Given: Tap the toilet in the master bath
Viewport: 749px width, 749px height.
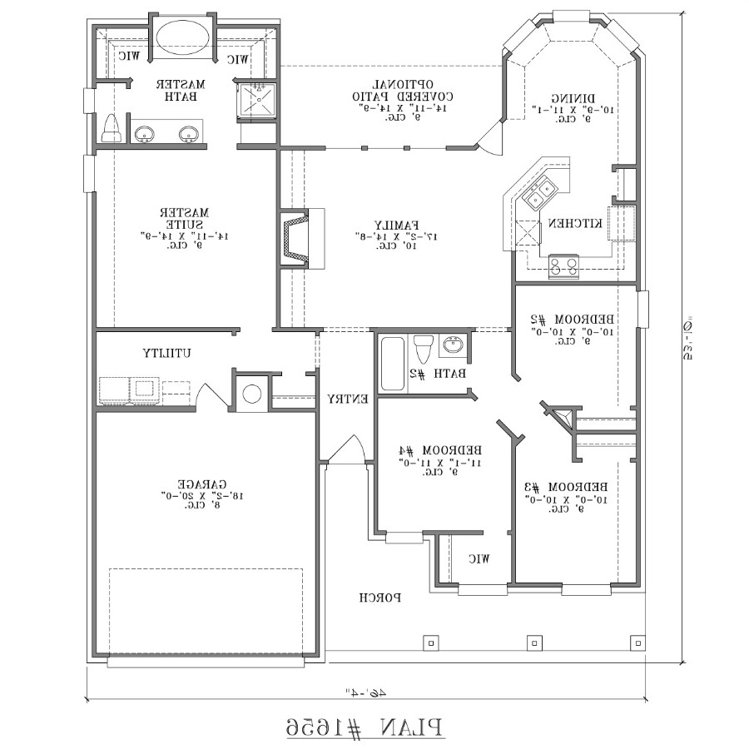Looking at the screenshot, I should (111, 129).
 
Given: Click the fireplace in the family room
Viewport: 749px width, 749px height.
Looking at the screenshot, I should (296, 238).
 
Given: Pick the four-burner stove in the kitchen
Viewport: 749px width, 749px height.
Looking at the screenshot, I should (563, 266).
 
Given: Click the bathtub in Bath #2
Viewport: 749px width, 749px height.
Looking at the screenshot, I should (392, 363).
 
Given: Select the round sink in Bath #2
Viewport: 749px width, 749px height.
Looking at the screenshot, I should (454, 345).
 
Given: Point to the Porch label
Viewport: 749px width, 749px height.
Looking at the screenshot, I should (381, 597).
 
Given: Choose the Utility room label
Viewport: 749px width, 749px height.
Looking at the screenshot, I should (166, 352).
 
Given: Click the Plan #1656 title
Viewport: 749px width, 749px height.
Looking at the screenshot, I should (365, 726).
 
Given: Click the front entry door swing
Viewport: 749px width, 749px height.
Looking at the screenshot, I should (346, 449).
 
